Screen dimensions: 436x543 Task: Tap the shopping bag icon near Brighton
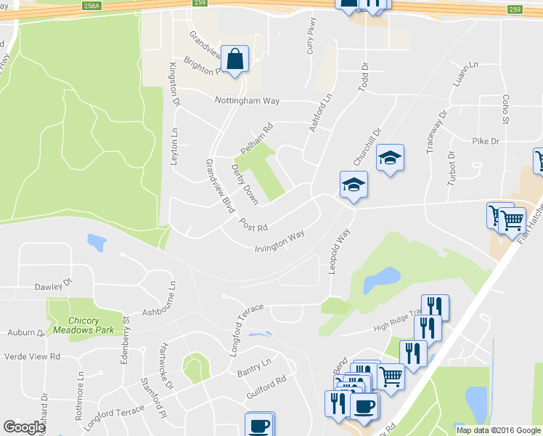235,60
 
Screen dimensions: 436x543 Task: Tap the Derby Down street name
245,184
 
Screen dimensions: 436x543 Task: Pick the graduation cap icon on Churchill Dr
389,160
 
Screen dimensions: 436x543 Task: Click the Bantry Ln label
254,367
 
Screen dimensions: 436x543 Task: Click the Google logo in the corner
24,427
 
